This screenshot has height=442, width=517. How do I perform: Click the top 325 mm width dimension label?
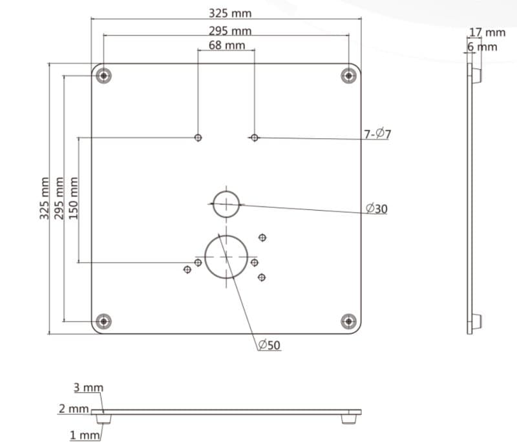[230, 13]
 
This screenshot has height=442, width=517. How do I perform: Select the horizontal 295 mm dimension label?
[230, 30]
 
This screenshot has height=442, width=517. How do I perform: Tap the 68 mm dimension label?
[226, 45]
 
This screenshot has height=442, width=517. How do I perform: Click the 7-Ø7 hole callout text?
[377, 134]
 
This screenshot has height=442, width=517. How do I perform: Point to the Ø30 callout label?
[376, 208]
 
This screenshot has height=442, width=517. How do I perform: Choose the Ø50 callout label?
[269, 345]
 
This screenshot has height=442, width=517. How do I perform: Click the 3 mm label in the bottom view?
[88, 388]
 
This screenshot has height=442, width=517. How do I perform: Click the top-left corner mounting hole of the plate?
[103, 76]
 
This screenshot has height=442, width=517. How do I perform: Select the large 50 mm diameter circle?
[226, 257]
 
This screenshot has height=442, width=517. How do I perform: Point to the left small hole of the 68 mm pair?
[198, 137]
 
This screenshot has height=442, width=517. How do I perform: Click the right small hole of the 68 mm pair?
[255, 137]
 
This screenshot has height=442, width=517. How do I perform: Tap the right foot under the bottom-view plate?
[349, 419]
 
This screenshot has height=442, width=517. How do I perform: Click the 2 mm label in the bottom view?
[73, 408]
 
